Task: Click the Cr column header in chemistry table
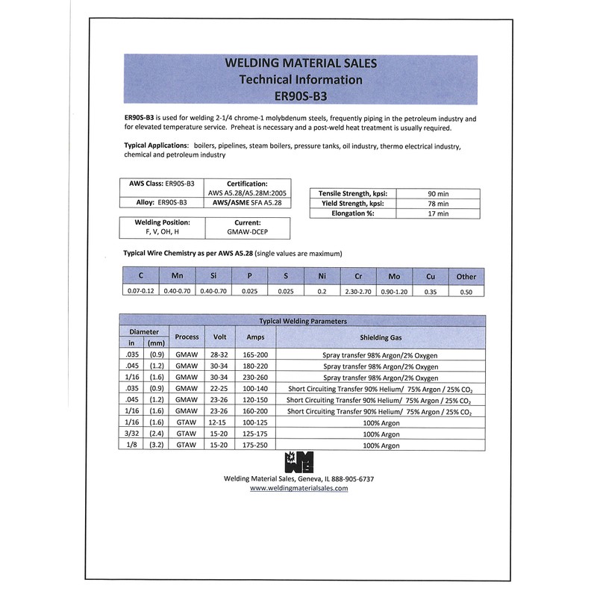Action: (357, 276)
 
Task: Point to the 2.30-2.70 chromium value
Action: (357, 291)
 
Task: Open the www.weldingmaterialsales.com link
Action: (298, 488)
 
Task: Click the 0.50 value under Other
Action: (466, 291)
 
